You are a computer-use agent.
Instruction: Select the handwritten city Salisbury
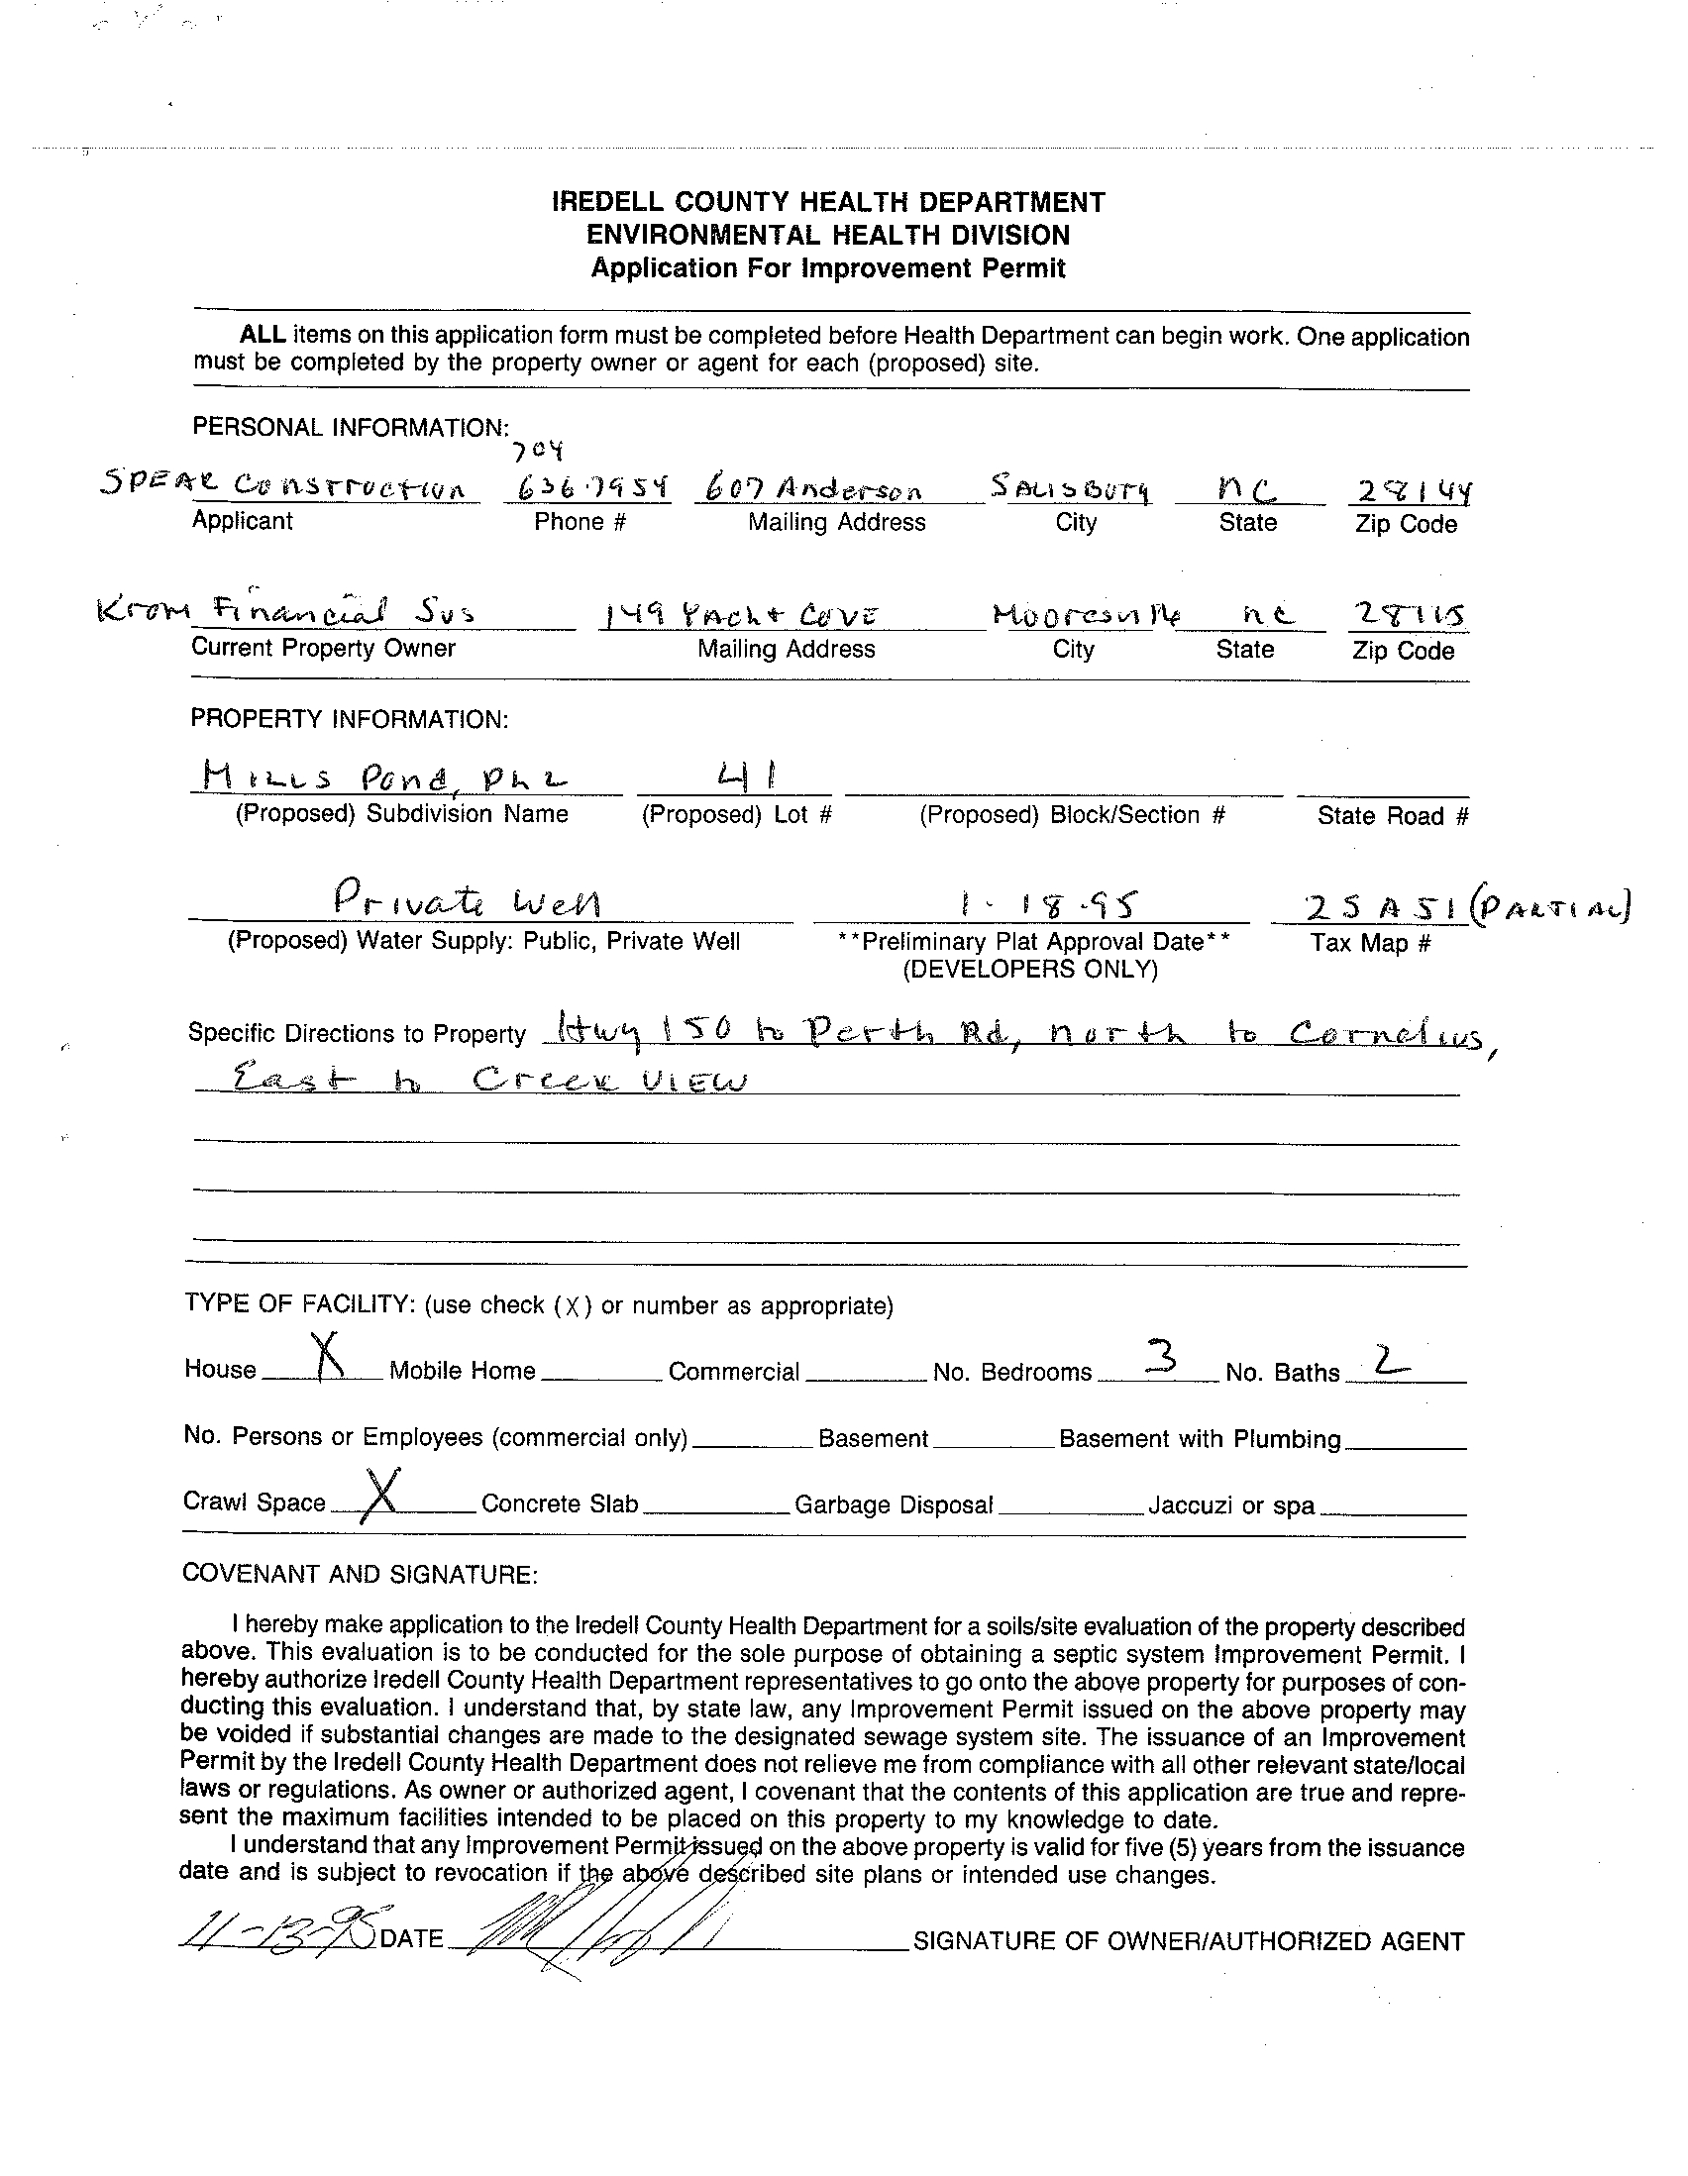click(1071, 488)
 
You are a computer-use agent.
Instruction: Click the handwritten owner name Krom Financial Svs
click(285, 610)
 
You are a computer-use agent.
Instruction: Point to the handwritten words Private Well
click(469, 901)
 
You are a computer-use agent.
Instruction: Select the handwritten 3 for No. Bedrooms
click(1159, 1356)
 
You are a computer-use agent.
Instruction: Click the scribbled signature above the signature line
click(608, 1937)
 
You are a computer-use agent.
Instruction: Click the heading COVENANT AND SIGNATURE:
click(360, 1574)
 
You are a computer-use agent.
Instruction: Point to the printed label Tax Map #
click(1370, 943)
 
